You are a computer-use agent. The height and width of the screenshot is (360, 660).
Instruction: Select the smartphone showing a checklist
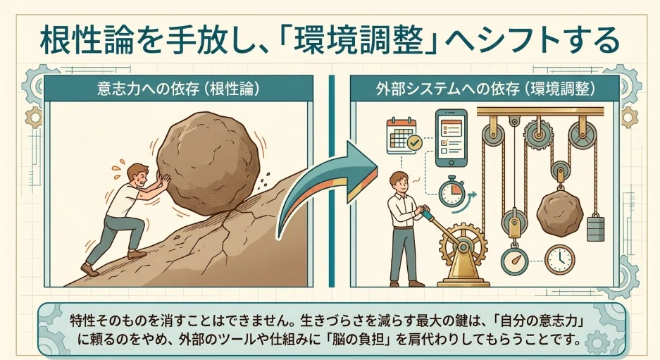(451, 138)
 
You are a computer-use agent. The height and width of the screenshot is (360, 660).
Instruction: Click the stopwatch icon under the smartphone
(452, 193)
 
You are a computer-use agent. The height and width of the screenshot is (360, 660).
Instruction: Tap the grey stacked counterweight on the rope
(594, 228)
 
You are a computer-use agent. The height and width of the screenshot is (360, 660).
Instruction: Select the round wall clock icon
(560, 259)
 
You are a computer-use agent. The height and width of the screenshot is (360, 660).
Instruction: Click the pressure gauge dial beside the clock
(515, 262)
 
